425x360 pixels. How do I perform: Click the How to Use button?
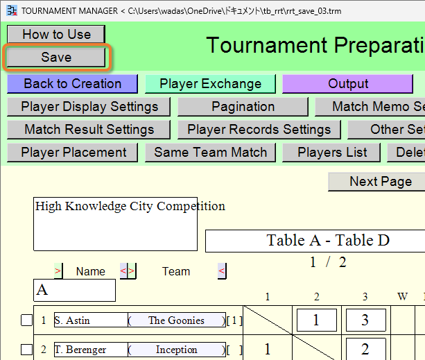56,35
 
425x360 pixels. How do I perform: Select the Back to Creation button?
72,84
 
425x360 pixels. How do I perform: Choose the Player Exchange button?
210,84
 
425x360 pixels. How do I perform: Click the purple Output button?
348,84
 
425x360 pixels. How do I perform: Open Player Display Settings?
89,107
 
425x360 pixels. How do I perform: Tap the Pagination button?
243,107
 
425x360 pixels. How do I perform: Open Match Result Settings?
89,130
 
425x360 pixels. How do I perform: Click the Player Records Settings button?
259,130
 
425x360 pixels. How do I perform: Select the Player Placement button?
72,153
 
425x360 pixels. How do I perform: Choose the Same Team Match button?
210,153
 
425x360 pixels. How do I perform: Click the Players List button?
331,153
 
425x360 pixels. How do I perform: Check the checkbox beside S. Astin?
26,320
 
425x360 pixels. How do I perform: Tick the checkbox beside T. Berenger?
26,350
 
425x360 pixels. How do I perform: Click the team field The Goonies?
177,320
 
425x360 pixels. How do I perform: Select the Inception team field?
177,350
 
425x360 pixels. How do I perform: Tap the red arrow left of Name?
58,271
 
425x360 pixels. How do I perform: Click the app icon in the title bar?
12,11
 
